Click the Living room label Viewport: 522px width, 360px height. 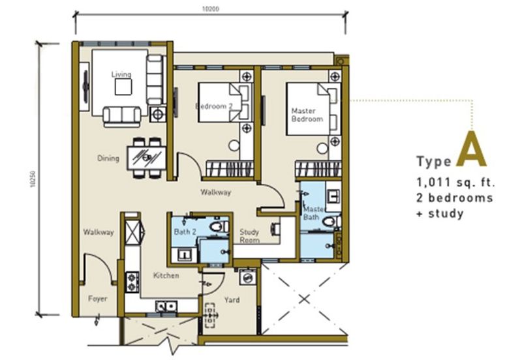tap(121, 74)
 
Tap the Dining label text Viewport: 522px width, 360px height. tap(108, 158)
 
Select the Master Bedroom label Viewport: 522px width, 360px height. tap(307, 115)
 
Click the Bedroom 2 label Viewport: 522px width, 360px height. tap(214, 106)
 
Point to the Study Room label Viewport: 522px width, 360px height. tap(249, 236)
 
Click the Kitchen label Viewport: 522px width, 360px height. tap(166, 275)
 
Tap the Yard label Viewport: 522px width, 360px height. tap(232, 300)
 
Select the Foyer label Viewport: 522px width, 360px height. tap(97, 299)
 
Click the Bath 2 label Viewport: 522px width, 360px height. tap(185, 232)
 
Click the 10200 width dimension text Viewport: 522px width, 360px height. tap(211, 9)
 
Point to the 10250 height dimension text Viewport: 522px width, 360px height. tap(33, 179)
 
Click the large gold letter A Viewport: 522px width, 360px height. tap(471, 149)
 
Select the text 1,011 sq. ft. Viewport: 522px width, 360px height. tap(455, 183)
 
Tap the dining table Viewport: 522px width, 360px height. tap(146, 158)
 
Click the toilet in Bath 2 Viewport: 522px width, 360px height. tap(219, 226)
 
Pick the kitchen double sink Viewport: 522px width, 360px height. tap(166, 307)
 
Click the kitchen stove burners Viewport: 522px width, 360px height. tap(132, 282)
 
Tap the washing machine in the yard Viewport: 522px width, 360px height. tap(248, 277)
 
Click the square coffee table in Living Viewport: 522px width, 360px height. tap(123, 87)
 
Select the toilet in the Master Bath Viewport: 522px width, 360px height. tap(331, 222)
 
